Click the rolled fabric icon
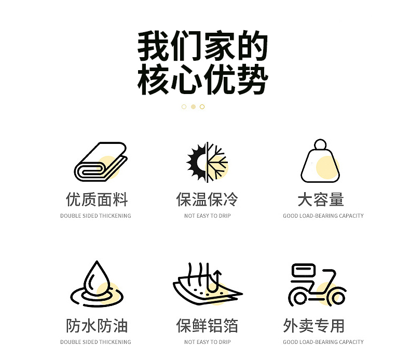point(101,162)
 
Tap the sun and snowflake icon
point(207,162)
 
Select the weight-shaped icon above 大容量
point(320,161)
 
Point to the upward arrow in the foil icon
point(217,281)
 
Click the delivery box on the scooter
point(303,270)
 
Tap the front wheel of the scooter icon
point(338,298)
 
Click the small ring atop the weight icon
point(320,144)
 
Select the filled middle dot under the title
point(193,106)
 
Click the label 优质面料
point(97,199)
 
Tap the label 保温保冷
point(207,199)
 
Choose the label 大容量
point(321,199)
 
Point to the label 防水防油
point(97,326)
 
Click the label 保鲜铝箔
point(207,326)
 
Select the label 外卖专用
point(313,326)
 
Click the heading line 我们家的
point(202,46)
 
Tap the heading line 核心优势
point(202,79)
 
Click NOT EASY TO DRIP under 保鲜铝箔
point(208,342)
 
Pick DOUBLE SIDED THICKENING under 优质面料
point(95,216)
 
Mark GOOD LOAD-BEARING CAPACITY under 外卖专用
point(323,342)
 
